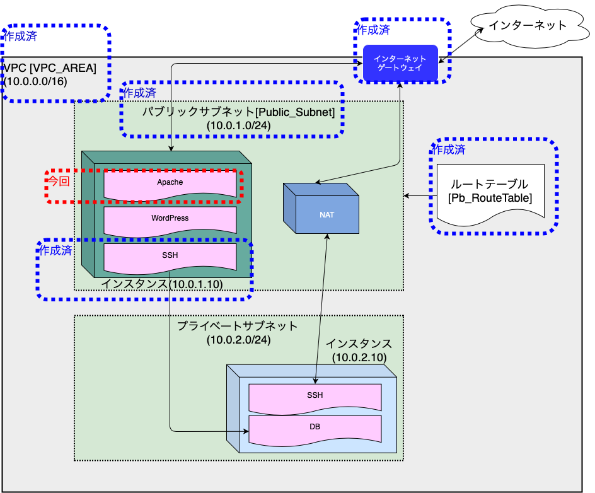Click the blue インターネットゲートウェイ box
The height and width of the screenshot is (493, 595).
(400, 63)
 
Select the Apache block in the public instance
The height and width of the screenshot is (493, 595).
(170, 182)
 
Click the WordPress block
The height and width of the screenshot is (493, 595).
(170, 218)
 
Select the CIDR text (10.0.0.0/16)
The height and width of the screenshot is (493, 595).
(36, 81)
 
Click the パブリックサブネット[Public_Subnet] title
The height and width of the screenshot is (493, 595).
(238, 112)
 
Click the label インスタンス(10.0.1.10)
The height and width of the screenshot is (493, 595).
(162, 284)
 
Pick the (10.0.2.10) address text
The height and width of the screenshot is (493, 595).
(359, 357)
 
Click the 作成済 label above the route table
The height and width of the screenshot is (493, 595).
(448, 149)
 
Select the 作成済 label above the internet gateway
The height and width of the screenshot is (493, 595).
(373, 30)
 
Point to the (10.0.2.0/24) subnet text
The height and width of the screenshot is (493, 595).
(238, 340)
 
